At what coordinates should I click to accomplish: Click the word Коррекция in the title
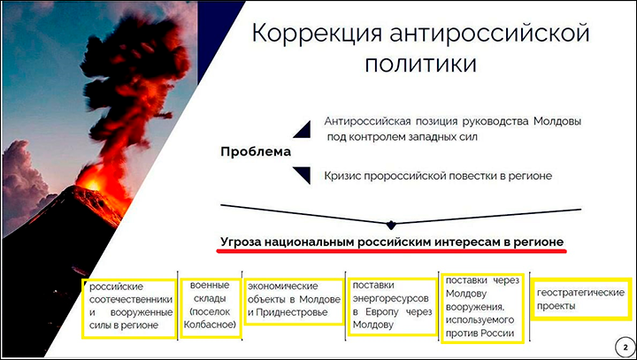[317, 34]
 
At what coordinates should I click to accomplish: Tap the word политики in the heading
[420, 65]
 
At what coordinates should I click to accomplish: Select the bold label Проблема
[256, 152]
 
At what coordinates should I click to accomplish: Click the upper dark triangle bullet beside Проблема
[303, 129]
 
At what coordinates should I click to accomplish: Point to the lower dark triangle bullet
[303, 175]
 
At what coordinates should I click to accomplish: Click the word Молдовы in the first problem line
[557, 121]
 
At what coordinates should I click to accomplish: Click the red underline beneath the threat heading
[391, 251]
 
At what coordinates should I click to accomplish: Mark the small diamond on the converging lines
[391, 224]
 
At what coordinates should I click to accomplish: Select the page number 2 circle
[625, 348]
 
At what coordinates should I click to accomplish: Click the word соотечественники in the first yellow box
[131, 300]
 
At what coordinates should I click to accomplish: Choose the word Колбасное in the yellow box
[210, 325]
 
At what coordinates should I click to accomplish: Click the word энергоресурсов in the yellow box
[390, 299]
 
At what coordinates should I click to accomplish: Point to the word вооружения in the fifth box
[475, 308]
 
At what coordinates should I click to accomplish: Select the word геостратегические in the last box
[580, 293]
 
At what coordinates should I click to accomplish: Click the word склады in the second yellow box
[210, 299]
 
